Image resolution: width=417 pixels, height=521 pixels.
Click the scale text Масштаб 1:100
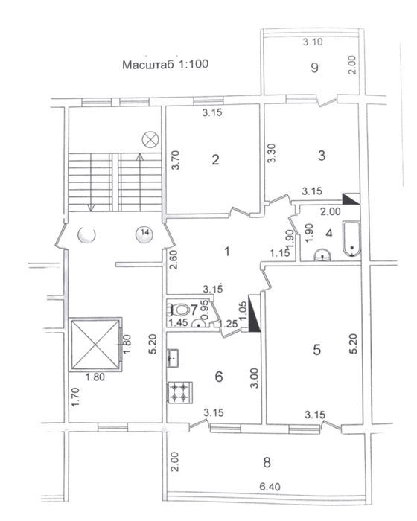tap(165, 64)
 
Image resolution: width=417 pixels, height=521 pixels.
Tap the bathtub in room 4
tap(351, 239)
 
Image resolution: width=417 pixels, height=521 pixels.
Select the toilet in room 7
tap(178, 310)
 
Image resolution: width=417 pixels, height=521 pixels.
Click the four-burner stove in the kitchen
tap(180, 392)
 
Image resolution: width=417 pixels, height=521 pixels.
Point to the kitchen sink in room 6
tap(174, 358)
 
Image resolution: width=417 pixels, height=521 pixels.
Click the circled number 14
tap(144, 233)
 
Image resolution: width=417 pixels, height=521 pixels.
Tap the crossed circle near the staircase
tap(150, 138)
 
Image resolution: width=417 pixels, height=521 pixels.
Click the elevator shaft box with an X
tap(95, 344)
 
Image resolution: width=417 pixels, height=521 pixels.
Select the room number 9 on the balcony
tap(314, 68)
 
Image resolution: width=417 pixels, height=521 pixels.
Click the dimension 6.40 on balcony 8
tap(270, 487)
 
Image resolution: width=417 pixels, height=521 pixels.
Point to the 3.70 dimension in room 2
tap(176, 160)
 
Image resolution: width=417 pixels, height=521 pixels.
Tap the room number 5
tap(317, 350)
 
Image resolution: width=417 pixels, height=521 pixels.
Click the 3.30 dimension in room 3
tap(272, 153)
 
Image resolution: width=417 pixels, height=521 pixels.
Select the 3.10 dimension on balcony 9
tap(313, 42)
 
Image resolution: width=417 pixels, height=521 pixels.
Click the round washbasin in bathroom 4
tap(322, 255)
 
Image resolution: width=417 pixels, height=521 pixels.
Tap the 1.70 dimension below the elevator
tap(76, 397)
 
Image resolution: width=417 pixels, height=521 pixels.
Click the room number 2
tap(215, 160)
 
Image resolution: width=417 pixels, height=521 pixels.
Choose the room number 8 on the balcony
tap(267, 462)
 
